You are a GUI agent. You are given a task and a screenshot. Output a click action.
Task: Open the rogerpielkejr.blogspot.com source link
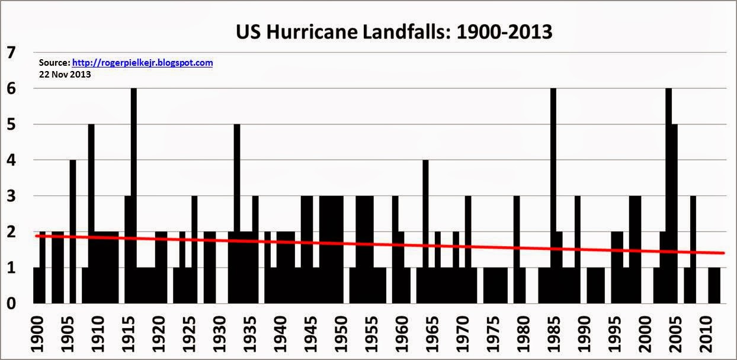click(142, 62)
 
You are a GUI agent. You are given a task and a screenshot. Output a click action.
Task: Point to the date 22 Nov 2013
click(65, 75)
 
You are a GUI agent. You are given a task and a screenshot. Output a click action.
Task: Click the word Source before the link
click(54, 62)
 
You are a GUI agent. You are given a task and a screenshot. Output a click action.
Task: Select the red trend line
click(379, 245)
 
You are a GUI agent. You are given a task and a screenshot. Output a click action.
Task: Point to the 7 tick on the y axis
click(10, 53)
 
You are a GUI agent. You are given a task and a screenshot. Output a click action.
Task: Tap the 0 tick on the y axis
click(10, 304)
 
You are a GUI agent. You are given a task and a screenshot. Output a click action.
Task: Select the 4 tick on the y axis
click(10, 160)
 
